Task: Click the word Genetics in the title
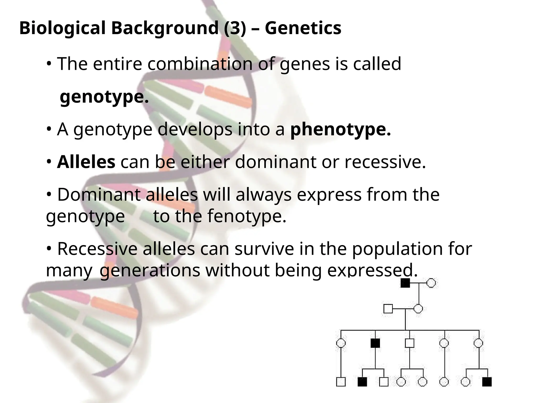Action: [x=303, y=28]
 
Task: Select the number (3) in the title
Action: [x=235, y=28]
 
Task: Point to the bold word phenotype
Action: [x=340, y=129]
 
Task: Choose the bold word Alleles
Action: [x=86, y=162]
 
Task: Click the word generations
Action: [x=150, y=270]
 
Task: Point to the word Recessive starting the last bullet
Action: [x=97, y=249]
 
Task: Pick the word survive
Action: [x=264, y=249]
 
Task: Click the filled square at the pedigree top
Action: [x=405, y=283]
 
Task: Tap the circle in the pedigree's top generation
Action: [x=431, y=283]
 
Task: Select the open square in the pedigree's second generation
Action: [x=388, y=309]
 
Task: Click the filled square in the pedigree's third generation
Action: [x=375, y=343]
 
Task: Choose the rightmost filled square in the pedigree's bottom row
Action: [x=487, y=382]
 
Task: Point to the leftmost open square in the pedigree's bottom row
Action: [x=341, y=382]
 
